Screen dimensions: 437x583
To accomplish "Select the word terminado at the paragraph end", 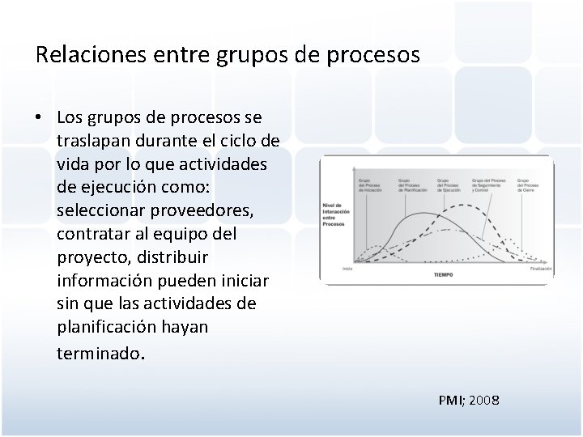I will point(98,354).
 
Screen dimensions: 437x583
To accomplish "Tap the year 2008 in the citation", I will point(483,400).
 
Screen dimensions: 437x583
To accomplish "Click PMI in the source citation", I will point(449,400).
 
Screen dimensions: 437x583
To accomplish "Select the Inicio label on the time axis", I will point(347,268).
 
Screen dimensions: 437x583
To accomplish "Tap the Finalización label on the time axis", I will point(541,268).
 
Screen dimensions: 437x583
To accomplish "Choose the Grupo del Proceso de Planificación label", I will point(409,185).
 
